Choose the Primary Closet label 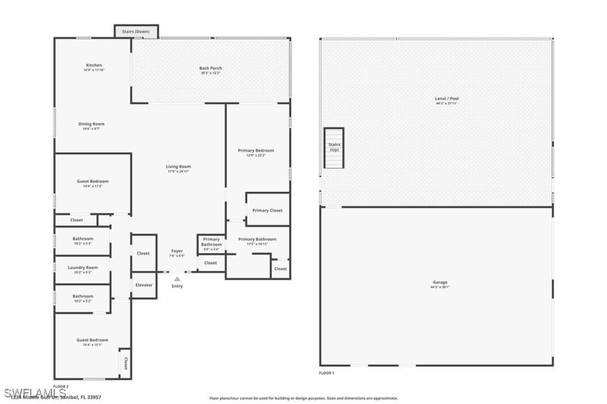pos(267,210)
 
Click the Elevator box pos(144,285)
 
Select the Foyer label pos(177,252)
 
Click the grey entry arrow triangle pos(177,278)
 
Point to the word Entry pos(177,286)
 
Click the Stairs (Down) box pos(137,31)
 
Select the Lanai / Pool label pos(447,100)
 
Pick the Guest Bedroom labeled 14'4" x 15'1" pos(92,342)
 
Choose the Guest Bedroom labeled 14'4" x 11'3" pos(92,183)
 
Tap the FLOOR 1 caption pos(327,373)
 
